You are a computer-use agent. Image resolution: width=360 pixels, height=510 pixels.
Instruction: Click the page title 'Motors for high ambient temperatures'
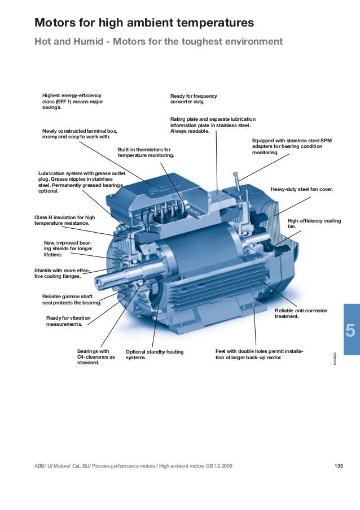(144, 23)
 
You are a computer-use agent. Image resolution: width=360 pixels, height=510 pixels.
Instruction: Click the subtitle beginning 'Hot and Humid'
(159, 42)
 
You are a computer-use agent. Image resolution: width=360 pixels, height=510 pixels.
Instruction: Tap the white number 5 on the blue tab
(350, 330)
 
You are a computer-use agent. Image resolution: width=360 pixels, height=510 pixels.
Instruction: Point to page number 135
(339, 466)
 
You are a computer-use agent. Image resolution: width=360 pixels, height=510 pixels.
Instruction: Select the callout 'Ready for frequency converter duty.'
(194, 99)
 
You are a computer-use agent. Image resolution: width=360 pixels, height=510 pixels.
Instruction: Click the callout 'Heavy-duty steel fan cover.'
(302, 189)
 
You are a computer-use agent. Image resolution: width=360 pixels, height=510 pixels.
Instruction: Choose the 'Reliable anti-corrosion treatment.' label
(301, 313)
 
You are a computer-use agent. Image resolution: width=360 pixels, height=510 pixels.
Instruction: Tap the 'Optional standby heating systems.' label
(155, 355)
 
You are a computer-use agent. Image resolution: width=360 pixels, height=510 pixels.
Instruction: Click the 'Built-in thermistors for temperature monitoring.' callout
(146, 152)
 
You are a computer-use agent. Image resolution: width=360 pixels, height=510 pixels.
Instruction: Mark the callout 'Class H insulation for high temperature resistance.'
(65, 220)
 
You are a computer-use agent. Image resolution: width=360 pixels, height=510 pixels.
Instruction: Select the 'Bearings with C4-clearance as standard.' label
(96, 357)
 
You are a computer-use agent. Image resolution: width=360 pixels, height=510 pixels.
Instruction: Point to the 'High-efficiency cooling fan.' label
(314, 224)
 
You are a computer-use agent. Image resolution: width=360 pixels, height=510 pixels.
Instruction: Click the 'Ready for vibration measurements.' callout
(68, 321)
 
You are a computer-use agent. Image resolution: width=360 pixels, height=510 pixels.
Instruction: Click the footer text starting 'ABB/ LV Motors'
(133, 466)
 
